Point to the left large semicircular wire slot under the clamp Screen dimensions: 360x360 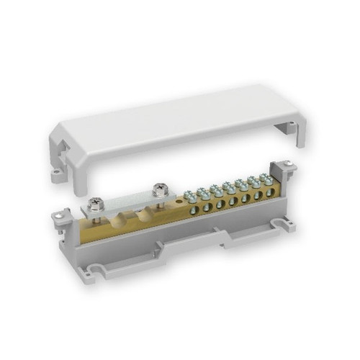coord(116,220)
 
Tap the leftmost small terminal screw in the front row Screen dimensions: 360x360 coord(189,195)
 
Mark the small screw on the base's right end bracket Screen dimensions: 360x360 coord(289,168)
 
